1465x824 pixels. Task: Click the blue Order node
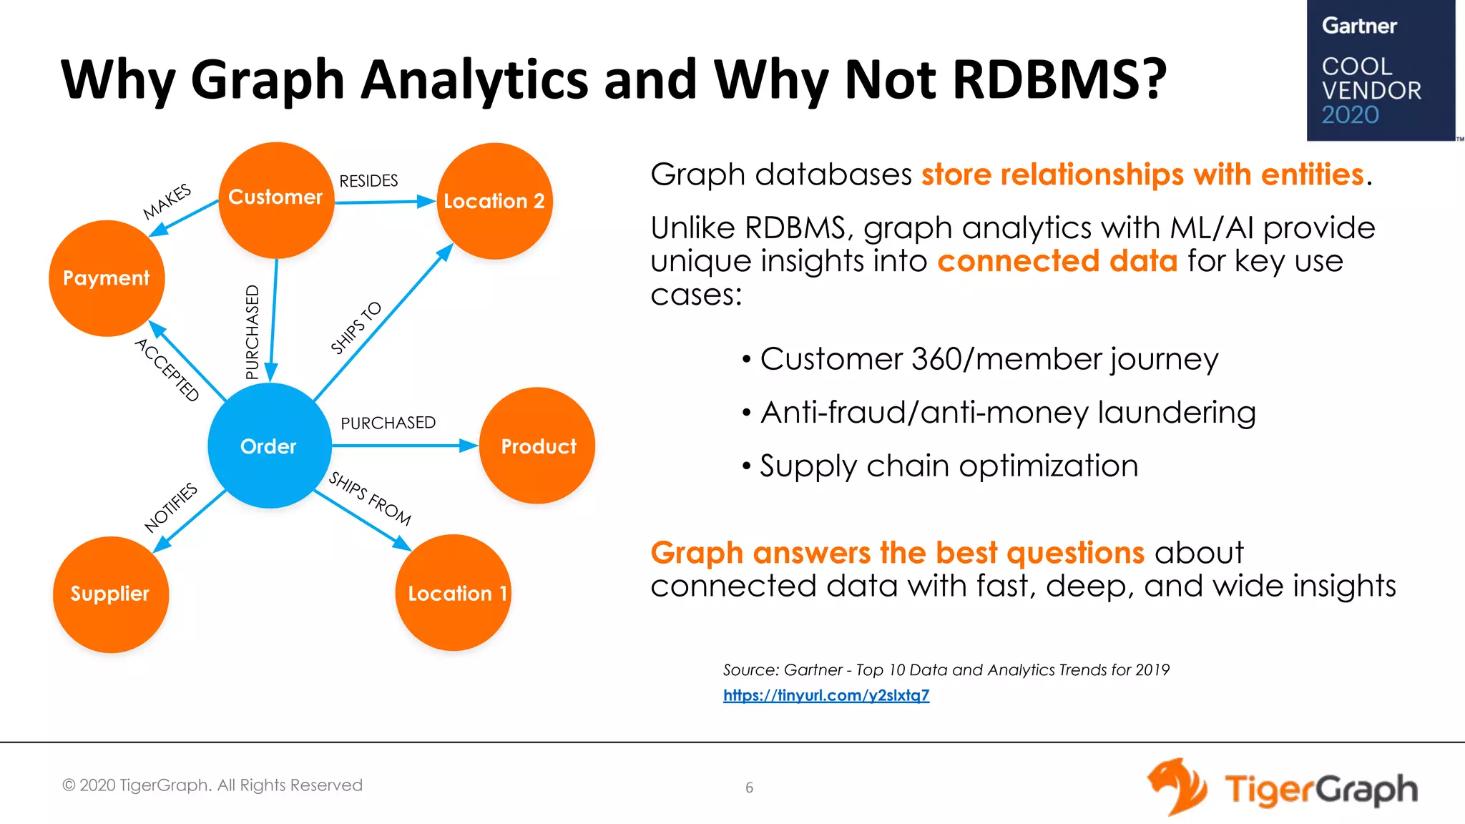269,446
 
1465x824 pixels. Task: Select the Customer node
275,200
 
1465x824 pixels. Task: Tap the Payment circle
107,278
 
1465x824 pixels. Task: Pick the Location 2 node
494,201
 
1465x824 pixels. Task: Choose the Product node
537,446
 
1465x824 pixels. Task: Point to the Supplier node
110,594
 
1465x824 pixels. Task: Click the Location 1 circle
454,592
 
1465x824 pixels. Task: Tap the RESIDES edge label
368,181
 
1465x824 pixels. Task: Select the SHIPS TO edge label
356,328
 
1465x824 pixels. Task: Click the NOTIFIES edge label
170,508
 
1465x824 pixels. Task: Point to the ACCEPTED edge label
167,370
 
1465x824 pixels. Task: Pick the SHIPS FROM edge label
369,499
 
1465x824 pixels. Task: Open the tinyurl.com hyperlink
825,695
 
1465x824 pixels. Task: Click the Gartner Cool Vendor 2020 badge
1380,71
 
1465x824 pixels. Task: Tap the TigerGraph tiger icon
1177,787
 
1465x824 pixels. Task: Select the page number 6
749,788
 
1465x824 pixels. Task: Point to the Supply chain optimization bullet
948,466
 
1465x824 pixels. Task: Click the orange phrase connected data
1057,261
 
